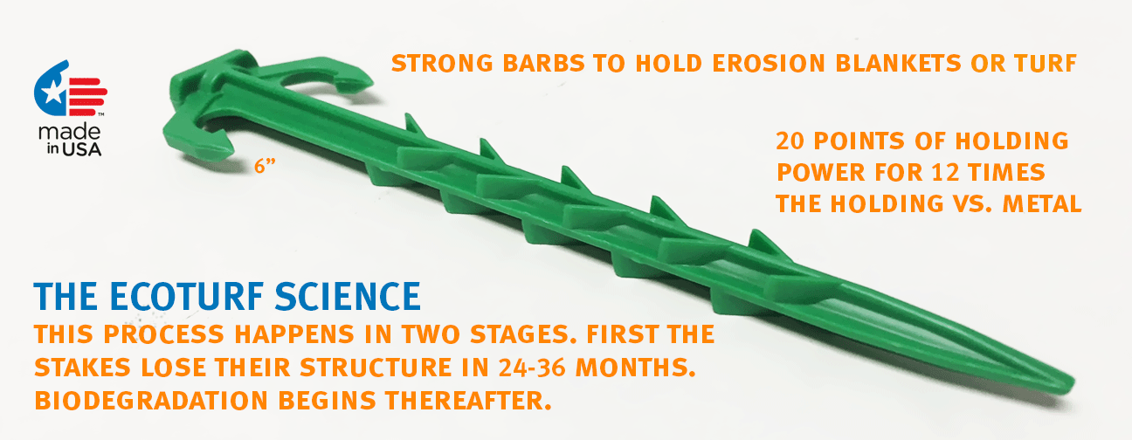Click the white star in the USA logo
(52, 93)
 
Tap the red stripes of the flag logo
(87, 97)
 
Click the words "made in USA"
(70, 140)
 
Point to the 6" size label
(265, 166)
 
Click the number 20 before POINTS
(790, 141)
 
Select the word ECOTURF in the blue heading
(186, 296)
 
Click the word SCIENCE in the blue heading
(348, 296)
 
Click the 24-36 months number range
(532, 368)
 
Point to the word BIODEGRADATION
(150, 401)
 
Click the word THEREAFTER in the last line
(467, 401)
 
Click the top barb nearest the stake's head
(413, 127)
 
